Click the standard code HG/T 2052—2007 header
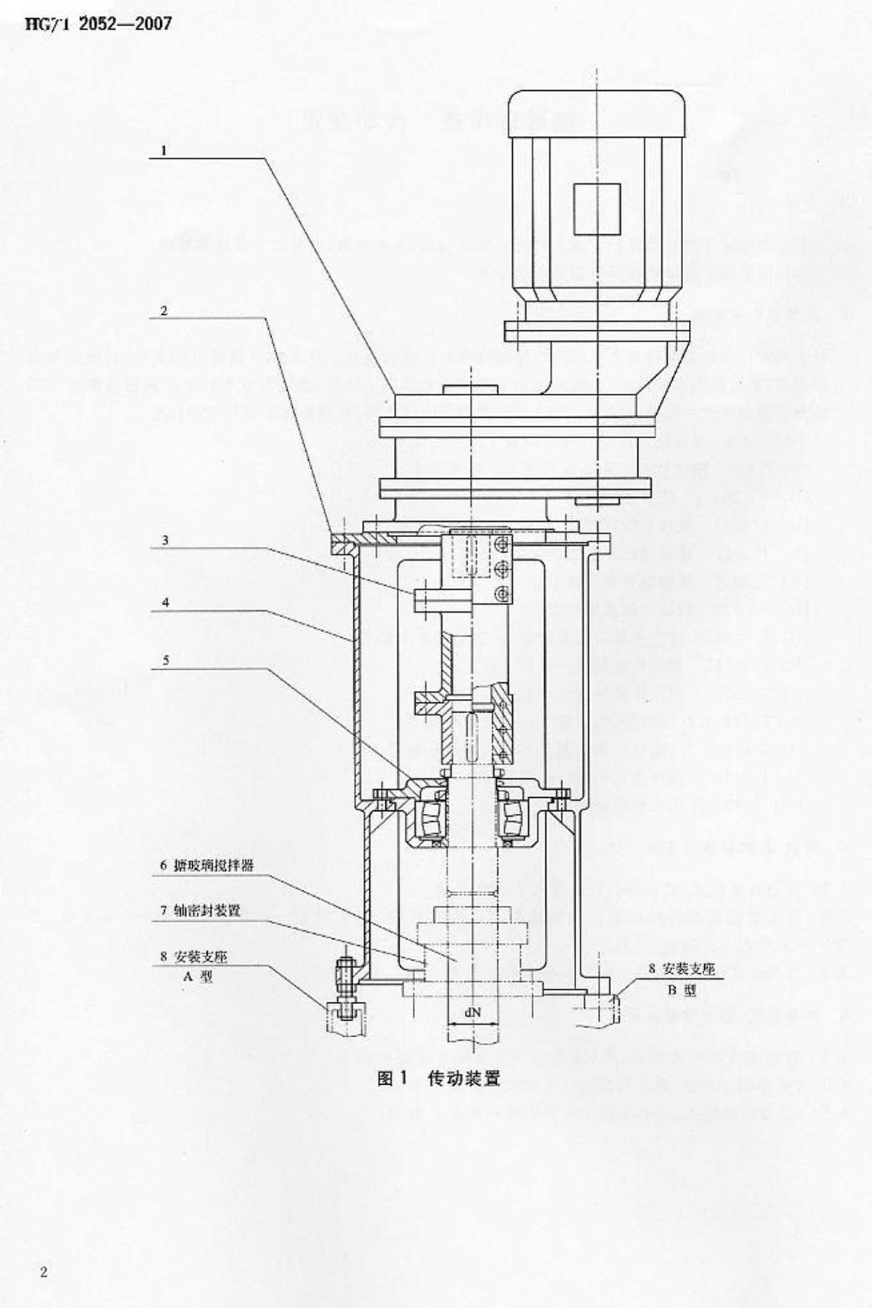point(98,24)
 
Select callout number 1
point(164,150)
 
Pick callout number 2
point(164,310)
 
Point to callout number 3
point(165,540)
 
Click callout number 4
point(166,602)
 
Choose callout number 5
point(166,660)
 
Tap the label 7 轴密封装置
point(201,911)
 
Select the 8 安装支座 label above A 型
point(194,957)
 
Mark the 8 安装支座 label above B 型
point(682,969)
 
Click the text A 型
point(198,977)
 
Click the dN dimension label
point(473,1011)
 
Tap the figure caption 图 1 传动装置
point(439,1078)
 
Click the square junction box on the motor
point(597,209)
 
